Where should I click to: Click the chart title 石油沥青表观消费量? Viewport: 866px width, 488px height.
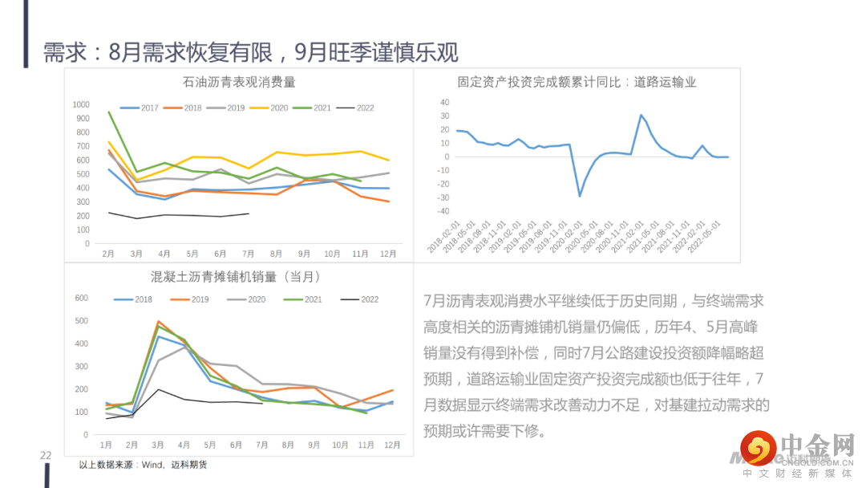(239, 82)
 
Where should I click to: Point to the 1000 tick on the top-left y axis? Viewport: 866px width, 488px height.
(80, 104)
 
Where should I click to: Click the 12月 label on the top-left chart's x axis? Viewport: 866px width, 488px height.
(388, 254)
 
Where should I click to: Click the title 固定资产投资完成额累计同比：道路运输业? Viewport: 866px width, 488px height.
(577, 82)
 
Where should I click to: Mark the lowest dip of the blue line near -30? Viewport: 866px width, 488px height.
(580, 196)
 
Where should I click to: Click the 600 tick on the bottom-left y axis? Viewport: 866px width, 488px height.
(80, 298)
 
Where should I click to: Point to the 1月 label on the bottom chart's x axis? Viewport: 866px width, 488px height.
(106, 445)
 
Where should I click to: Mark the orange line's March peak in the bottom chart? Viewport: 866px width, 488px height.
(158, 322)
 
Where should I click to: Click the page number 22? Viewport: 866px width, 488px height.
(47, 456)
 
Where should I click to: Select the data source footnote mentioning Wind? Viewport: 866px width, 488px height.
(143, 465)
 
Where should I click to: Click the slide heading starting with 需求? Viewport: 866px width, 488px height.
(250, 53)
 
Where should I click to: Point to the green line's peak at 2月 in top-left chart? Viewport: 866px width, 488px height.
(108, 112)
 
